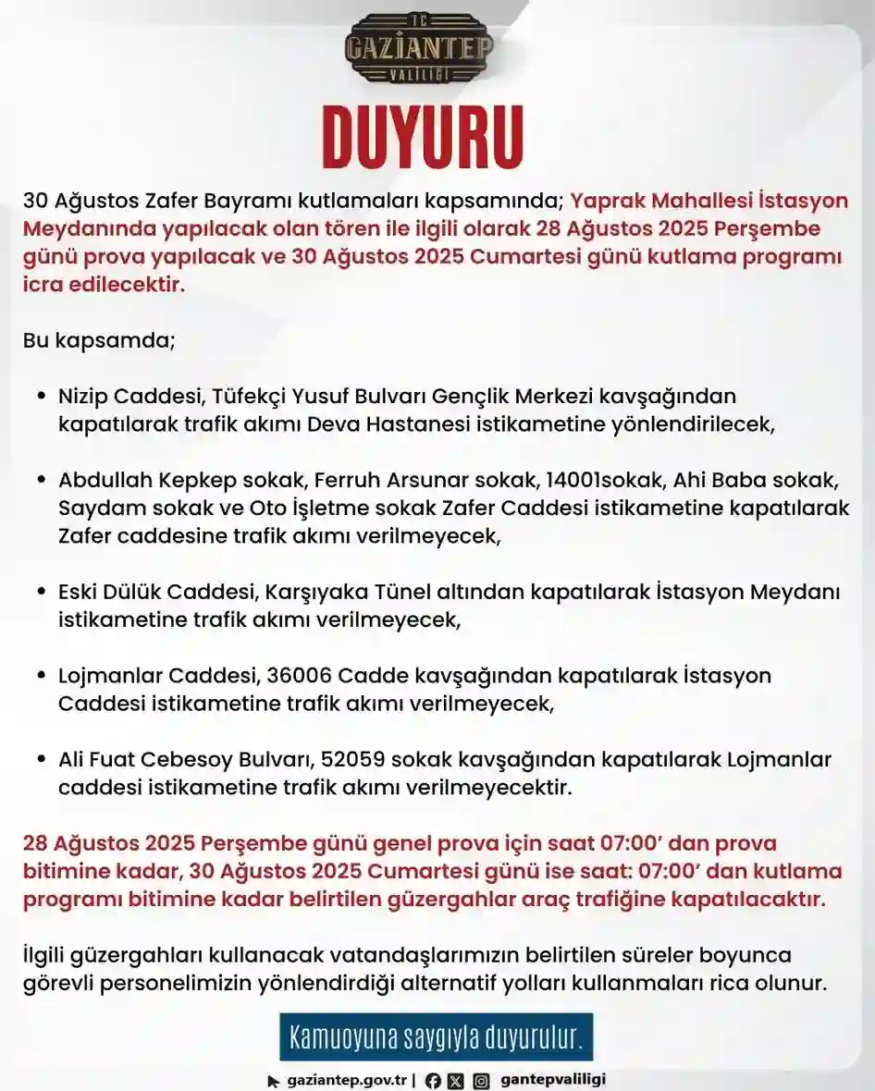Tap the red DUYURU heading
click(422, 138)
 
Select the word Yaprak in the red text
click(603, 201)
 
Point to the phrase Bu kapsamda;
click(98, 339)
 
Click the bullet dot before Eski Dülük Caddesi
click(42, 593)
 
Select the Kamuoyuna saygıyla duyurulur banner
click(436, 1037)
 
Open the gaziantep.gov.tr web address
click(347, 1080)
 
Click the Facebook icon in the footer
click(432, 1080)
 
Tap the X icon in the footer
click(455, 1080)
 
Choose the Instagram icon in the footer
click(481, 1080)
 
